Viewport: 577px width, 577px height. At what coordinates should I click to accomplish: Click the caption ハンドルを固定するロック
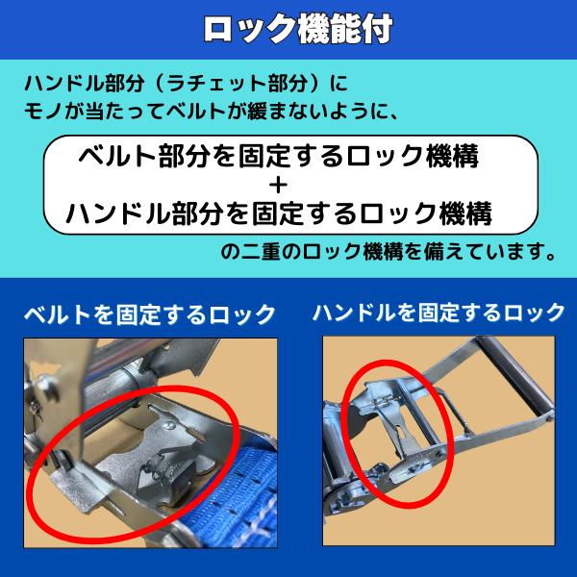(x=439, y=313)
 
